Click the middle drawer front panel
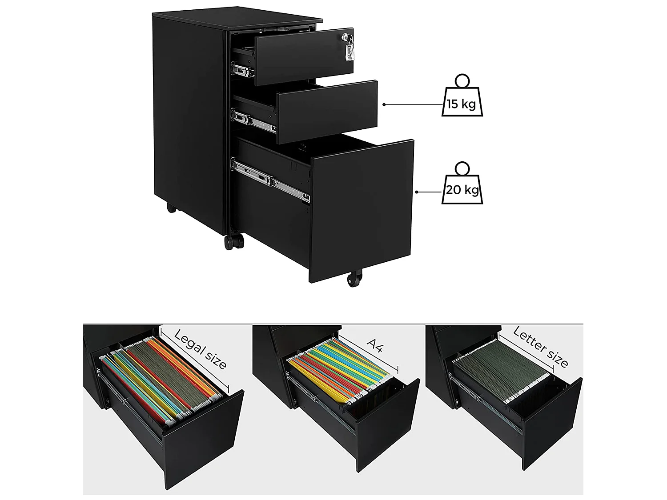point(327,112)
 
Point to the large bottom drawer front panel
point(362,211)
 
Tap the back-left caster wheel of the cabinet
point(171,208)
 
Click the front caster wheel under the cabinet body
point(234,242)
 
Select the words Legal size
point(200,349)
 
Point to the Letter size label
point(540,348)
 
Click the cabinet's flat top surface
point(237,18)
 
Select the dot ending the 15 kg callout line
point(384,104)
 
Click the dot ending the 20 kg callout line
point(417,192)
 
